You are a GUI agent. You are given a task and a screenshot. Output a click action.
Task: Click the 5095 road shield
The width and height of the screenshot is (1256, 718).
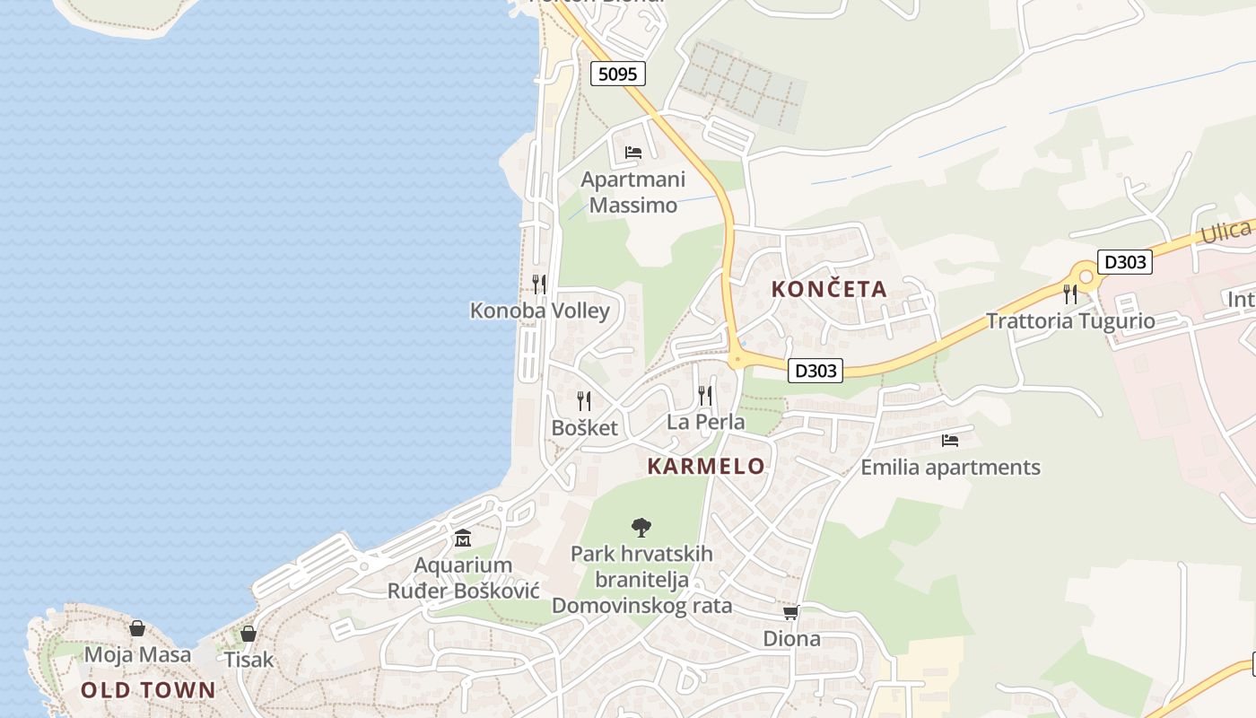618,74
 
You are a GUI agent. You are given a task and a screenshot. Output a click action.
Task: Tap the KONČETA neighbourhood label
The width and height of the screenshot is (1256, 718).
829,289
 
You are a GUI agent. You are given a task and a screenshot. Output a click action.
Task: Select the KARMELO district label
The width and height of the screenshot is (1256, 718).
706,466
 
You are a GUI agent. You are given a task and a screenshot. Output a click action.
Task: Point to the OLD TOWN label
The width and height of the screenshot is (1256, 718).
148,689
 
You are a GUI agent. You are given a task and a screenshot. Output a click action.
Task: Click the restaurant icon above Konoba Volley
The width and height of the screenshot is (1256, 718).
539,285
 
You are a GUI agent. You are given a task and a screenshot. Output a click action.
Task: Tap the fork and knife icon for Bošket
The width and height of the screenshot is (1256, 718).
584,400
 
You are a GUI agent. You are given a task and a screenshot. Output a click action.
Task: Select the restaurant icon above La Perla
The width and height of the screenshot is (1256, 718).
705,395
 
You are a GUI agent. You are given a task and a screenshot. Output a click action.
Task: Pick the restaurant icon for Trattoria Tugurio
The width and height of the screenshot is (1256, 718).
1069,293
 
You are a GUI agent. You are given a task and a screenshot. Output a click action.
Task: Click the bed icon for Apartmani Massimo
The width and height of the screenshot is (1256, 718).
633,152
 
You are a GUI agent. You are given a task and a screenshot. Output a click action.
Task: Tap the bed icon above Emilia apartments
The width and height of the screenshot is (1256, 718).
950,440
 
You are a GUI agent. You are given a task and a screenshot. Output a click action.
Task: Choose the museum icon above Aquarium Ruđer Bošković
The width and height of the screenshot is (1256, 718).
463,538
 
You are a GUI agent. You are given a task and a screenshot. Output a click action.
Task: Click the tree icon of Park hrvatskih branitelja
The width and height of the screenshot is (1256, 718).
641,527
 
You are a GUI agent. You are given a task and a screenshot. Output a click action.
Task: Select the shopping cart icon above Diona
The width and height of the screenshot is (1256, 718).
790,612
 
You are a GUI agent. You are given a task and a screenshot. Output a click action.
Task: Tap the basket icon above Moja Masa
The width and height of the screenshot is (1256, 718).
137,628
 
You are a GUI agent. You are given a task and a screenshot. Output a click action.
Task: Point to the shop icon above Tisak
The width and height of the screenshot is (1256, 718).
249,634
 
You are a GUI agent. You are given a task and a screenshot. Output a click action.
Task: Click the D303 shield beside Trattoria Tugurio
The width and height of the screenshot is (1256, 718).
1125,262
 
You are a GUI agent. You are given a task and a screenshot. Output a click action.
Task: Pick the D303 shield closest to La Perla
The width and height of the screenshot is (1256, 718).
816,370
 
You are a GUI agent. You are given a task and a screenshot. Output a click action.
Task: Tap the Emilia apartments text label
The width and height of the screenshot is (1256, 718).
950,467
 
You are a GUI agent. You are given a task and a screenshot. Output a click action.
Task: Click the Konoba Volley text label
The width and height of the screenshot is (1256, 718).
539,311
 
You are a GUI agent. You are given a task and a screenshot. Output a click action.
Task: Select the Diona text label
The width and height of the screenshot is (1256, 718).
791,638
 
